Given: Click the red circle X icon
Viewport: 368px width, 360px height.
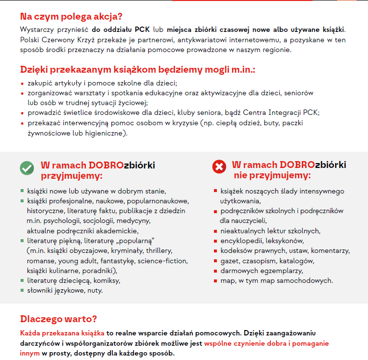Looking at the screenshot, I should [x=218, y=167].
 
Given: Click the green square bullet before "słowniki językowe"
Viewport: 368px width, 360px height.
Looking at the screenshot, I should [x=22, y=290].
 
